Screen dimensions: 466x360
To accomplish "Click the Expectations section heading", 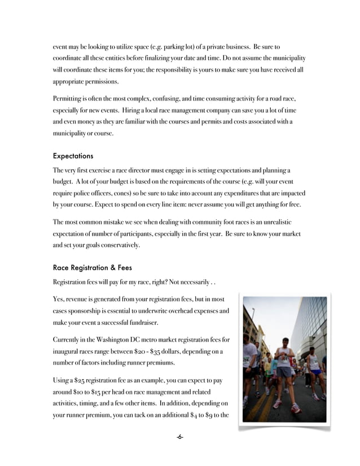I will pos(73,155).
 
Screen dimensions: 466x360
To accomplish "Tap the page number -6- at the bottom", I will pos(179,437).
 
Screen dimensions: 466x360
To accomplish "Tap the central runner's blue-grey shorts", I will pos(284,372).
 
